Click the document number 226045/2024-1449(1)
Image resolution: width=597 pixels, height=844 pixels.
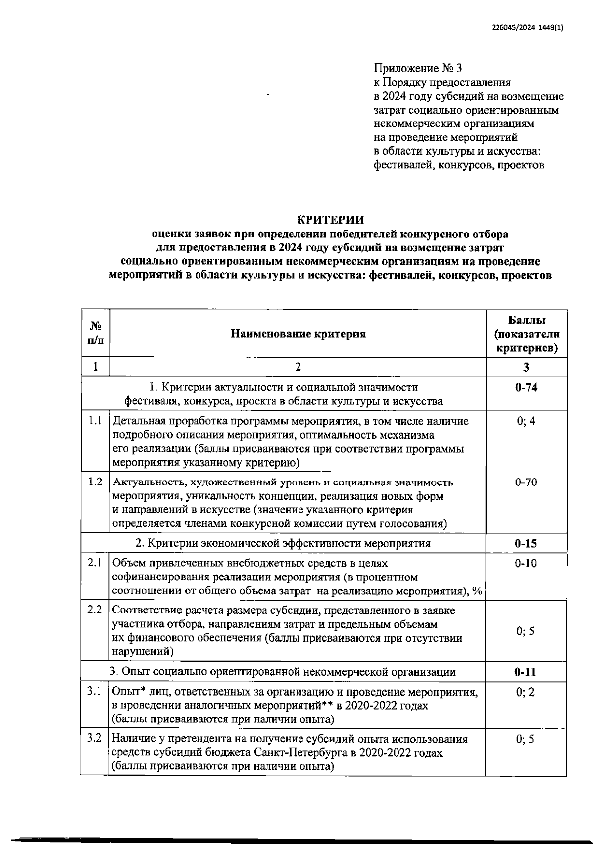[526, 28]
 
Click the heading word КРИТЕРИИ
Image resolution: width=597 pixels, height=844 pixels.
[330, 220]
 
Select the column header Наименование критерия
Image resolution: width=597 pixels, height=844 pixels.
[298, 334]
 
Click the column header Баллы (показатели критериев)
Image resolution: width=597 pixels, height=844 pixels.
[526, 334]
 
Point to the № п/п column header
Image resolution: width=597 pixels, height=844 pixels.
[96, 334]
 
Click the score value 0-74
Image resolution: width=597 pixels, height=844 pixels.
[526, 387]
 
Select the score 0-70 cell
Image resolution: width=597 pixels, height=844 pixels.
[526, 482]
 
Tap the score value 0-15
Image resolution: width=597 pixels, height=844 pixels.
[526, 543]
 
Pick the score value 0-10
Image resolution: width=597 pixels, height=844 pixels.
[526, 563]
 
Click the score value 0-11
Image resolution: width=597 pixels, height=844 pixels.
[526, 672]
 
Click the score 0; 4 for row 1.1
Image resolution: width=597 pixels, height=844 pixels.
[526, 421]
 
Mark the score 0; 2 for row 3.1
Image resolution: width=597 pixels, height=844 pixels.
[526, 692]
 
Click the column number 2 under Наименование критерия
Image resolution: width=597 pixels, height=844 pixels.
[298, 367]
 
